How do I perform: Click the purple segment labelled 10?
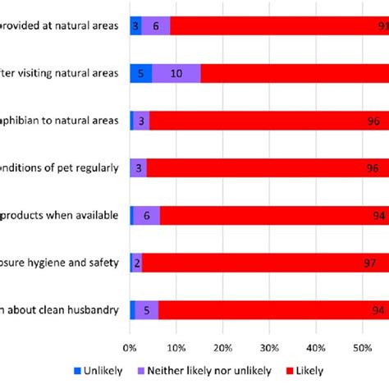coord(176,73)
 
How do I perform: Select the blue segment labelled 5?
coord(140,73)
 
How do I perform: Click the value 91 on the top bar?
coord(381,25)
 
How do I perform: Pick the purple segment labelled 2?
coord(137,263)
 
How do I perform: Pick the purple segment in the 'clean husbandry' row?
coord(147,309)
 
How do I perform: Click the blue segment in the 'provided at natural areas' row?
coord(135,25)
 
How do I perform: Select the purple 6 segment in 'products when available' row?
coord(147,215)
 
